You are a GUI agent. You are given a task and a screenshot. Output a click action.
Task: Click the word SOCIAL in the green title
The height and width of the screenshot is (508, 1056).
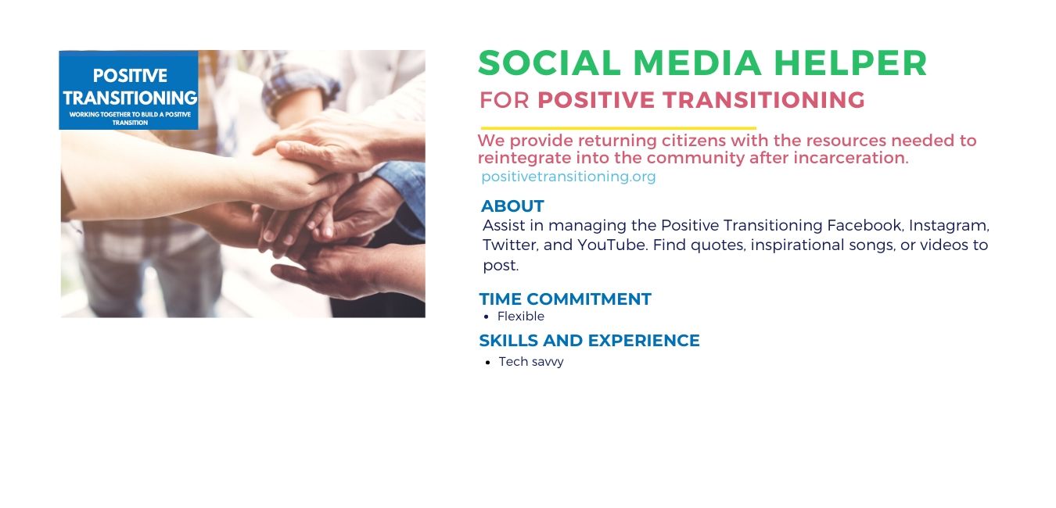(x=549, y=63)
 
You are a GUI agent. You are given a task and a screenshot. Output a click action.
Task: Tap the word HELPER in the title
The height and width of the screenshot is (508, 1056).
(x=850, y=63)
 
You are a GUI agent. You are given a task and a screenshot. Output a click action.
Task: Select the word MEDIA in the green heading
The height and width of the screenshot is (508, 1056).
(x=697, y=63)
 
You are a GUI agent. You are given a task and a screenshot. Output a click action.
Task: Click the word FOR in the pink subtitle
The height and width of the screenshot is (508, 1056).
(x=504, y=100)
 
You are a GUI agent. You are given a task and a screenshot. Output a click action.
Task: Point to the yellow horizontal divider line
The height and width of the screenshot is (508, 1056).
(x=619, y=127)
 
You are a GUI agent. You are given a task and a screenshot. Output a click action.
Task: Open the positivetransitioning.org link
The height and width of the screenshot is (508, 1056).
(x=569, y=177)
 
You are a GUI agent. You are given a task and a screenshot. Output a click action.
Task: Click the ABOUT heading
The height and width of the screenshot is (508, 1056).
(x=512, y=206)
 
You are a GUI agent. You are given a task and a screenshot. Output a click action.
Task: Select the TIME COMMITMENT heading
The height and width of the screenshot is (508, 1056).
(x=566, y=299)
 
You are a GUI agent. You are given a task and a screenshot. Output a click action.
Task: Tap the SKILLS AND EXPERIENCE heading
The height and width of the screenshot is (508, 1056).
(x=589, y=341)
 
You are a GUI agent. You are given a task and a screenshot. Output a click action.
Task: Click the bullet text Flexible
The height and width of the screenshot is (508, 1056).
(x=520, y=317)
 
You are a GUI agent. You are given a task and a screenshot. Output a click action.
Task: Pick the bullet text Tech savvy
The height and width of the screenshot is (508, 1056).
(x=531, y=362)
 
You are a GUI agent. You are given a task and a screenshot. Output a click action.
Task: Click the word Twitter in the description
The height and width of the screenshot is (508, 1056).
(x=510, y=245)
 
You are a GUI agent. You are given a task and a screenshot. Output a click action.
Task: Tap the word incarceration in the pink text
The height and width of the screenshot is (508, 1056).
(x=850, y=158)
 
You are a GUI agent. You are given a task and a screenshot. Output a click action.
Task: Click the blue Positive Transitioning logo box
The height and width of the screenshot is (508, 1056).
(x=129, y=90)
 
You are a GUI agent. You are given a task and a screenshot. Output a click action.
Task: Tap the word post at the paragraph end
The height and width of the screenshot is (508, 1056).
(x=500, y=266)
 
